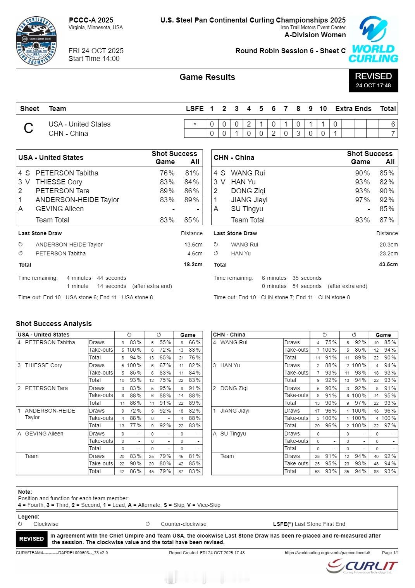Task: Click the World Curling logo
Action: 373,40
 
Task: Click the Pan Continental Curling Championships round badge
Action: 36,41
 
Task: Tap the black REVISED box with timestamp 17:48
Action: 373,80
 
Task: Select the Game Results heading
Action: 207,77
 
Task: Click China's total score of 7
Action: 393,134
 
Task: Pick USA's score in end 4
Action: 249,124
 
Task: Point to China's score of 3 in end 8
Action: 298,134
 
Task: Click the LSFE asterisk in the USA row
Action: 195,124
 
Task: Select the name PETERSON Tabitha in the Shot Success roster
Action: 67,173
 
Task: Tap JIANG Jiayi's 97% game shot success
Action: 362,200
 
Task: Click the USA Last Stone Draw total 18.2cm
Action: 193,265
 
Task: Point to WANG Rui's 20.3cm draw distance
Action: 388,245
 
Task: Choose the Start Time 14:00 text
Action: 94,59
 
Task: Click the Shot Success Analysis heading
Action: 54,324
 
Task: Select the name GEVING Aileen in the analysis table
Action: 44,434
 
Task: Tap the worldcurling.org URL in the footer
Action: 327,553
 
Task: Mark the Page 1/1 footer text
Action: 390,553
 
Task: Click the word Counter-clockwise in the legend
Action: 183,524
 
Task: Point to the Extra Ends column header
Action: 353,109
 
